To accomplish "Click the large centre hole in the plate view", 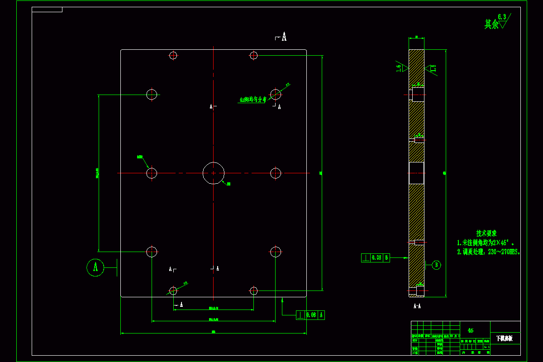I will [214, 173].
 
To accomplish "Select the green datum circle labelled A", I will [95, 267].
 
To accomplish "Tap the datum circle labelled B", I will [436, 265].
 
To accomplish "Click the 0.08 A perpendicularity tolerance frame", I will [310, 315].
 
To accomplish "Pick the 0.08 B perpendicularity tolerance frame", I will [376, 258].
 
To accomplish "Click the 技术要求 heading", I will [486, 233].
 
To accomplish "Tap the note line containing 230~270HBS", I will [489, 252].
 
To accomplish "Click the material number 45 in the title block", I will [471, 331].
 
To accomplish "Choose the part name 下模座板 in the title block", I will [504, 338].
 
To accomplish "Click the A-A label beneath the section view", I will [417, 306].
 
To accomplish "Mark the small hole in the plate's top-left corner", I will [173, 55].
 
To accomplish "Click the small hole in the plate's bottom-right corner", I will [253, 290].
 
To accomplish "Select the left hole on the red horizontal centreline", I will [152, 173].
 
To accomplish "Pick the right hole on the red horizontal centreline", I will [276, 173].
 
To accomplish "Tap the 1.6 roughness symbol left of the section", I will [400, 67].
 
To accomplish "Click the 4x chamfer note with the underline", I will [253, 100].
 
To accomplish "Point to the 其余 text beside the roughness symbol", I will [491, 24].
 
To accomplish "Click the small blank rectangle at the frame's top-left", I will [47, 10].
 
